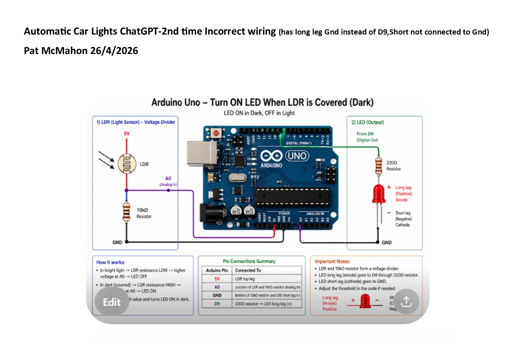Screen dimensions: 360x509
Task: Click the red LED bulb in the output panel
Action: tap(379, 193)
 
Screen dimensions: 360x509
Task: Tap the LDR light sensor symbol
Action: tap(127, 164)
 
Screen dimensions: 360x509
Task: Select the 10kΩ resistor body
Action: tap(127, 212)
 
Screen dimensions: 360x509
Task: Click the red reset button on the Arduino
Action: tap(216, 133)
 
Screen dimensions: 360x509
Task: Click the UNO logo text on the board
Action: tap(297, 156)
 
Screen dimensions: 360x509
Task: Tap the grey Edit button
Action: tap(112, 302)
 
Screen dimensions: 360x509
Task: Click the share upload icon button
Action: tap(406, 302)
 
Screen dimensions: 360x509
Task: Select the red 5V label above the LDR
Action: tap(127, 134)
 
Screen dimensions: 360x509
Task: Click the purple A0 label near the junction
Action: tap(168, 178)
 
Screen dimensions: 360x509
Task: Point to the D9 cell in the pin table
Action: tap(217, 304)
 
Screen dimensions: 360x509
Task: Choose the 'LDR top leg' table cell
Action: tap(245, 279)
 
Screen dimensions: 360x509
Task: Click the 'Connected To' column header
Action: tap(248, 270)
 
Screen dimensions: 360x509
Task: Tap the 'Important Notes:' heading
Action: tap(332, 261)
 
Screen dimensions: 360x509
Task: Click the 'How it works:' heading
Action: tap(111, 262)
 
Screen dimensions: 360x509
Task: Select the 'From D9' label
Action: tap(365, 134)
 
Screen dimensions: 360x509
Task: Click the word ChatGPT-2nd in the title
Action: tap(148, 31)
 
